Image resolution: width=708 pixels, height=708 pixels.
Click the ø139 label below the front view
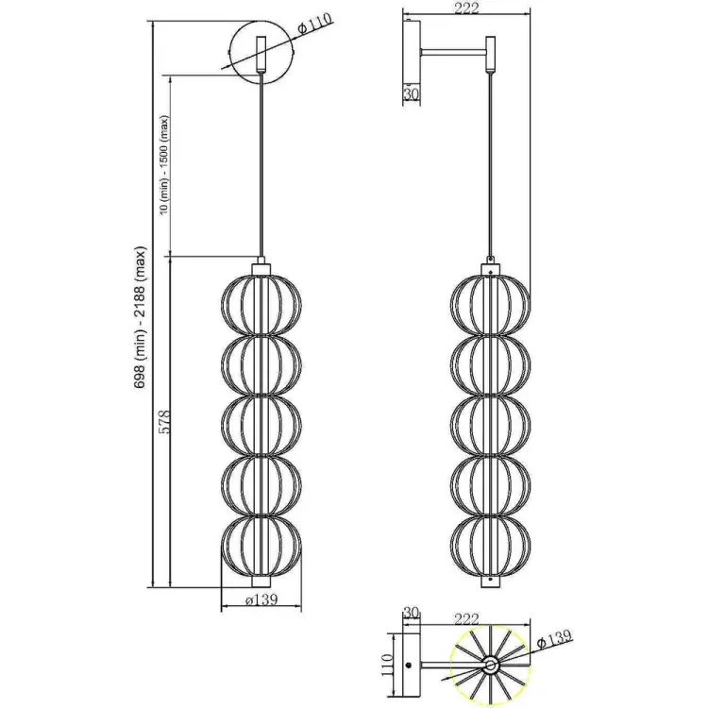pyautogui.click(x=261, y=601)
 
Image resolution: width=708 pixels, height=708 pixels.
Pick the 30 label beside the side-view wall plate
pyautogui.click(x=411, y=93)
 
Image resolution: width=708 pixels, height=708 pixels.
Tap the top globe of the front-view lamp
pyautogui.click(x=261, y=306)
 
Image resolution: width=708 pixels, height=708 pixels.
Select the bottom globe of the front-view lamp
pyautogui.click(x=261, y=547)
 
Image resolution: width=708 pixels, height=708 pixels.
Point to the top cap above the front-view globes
pyautogui.click(x=261, y=266)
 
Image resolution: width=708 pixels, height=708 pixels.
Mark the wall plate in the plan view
pyautogui.click(x=408, y=666)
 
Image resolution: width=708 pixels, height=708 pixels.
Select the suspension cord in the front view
pyautogui.click(x=261, y=170)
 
